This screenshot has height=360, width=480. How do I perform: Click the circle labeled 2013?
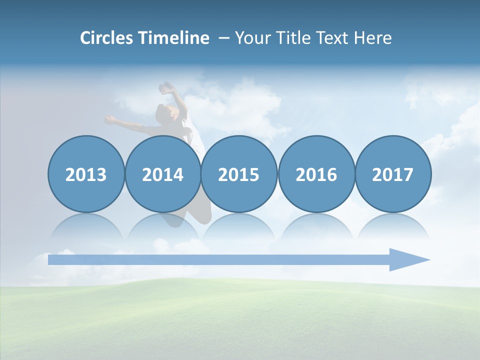(x=86, y=174)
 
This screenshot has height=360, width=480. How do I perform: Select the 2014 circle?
(x=162, y=174)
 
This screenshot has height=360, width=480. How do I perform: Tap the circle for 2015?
(x=239, y=174)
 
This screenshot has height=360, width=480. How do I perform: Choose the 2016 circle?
(x=316, y=174)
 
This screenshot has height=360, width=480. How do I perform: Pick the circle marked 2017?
(x=393, y=174)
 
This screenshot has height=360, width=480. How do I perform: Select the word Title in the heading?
(x=297, y=38)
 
